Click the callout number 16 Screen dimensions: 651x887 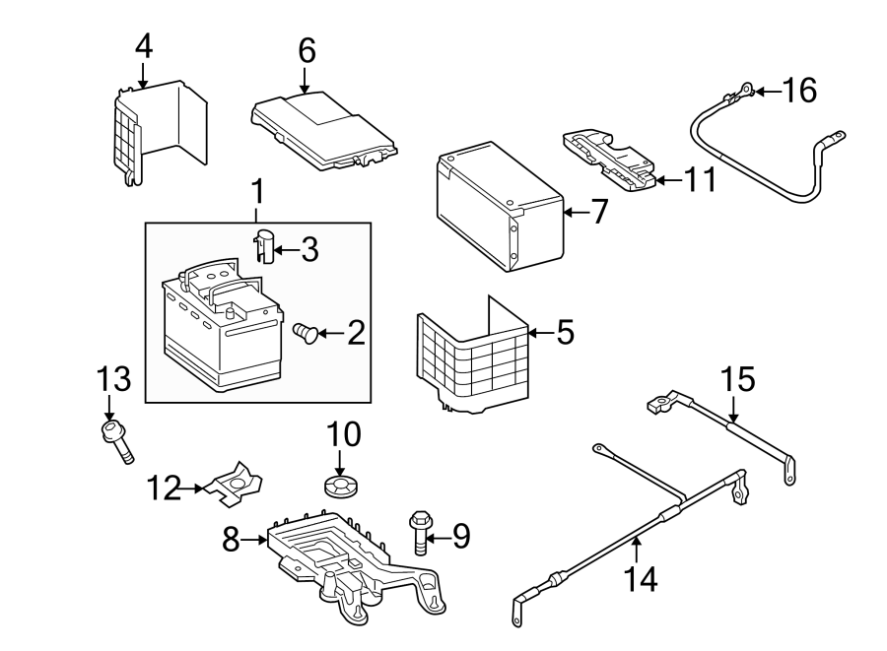point(800,92)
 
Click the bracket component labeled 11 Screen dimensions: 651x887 point(607,157)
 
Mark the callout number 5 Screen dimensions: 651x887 point(564,333)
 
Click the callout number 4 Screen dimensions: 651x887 point(144,45)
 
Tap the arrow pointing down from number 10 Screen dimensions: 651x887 point(339,461)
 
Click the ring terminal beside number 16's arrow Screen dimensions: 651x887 point(745,92)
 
